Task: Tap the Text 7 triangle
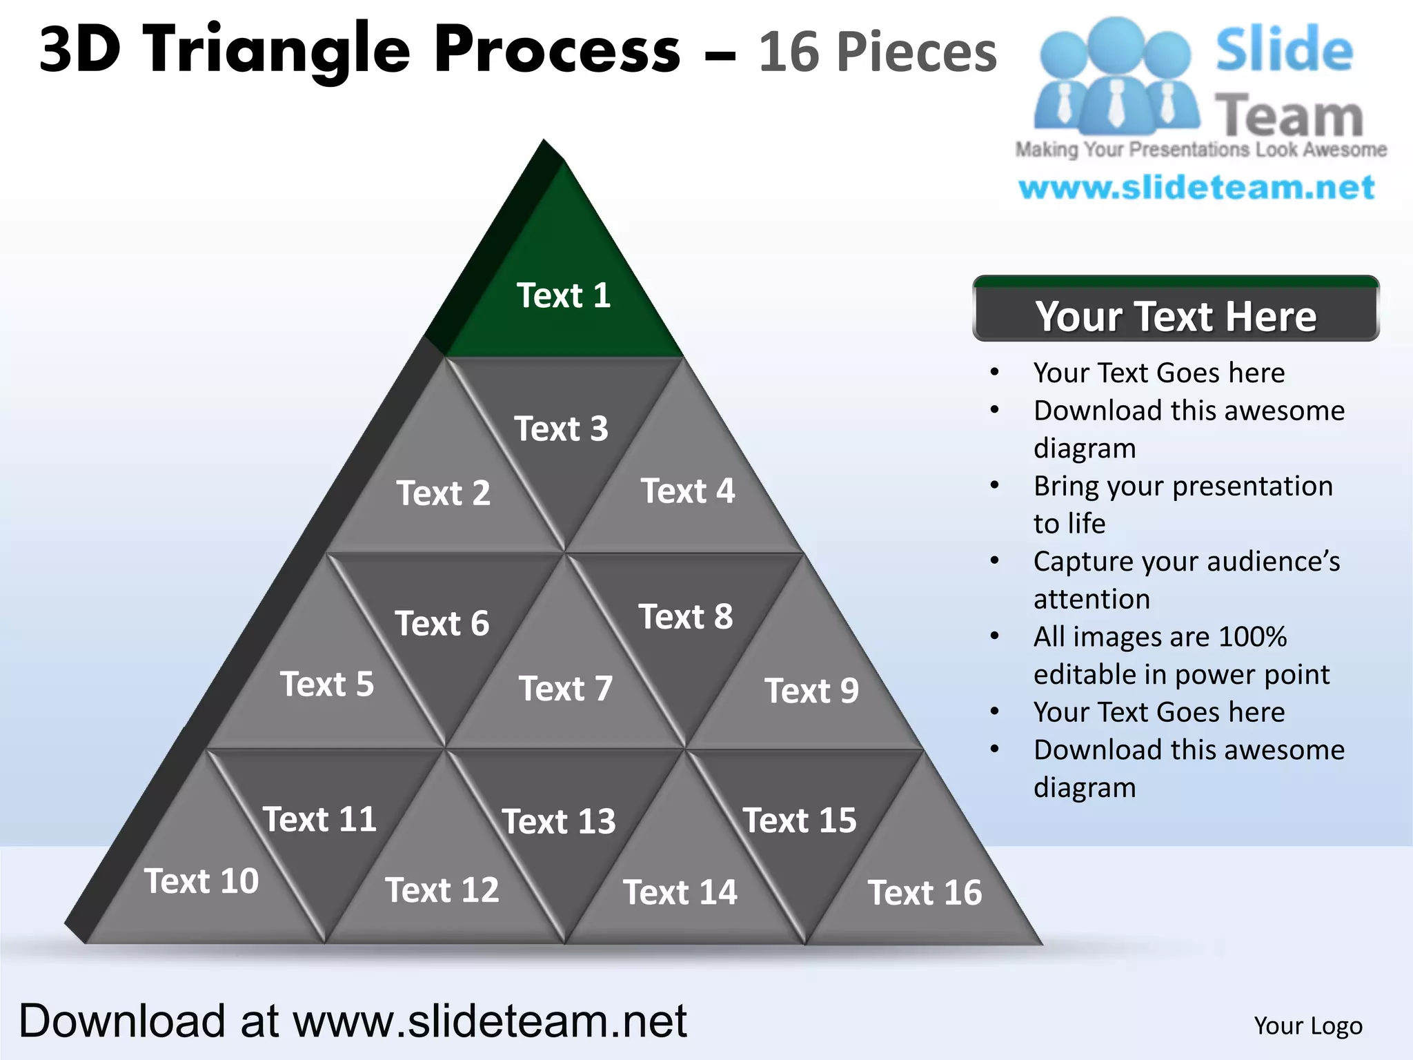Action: click(x=566, y=683)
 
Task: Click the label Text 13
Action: click(x=559, y=821)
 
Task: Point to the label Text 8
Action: click(x=686, y=616)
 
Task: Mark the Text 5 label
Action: click(x=327, y=684)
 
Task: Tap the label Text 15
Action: click(x=800, y=820)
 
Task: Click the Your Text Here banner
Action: click(x=1176, y=315)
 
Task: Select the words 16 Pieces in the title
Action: click(x=878, y=52)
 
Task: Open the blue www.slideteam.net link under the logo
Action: click(x=1197, y=188)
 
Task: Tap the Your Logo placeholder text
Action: click(x=1308, y=1026)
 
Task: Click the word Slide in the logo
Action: click(x=1284, y=50)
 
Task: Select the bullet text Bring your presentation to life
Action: click(x=1183, y=504)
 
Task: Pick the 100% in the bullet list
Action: click(x=1252, y=637)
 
